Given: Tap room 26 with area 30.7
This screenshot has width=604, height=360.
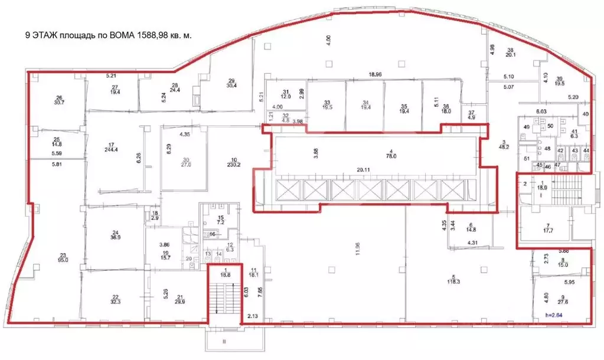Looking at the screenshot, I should [x=59, y=101].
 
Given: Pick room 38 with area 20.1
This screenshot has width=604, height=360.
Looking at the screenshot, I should [x=510, y=53].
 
